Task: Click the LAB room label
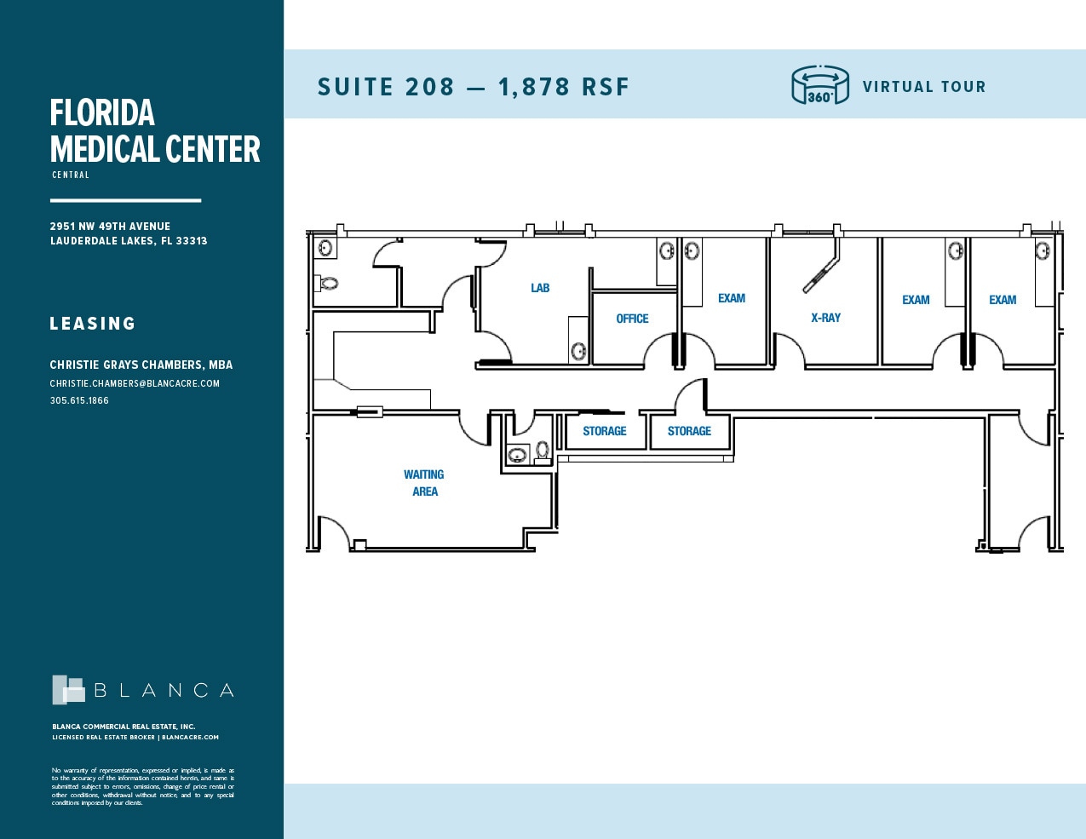[540, 288]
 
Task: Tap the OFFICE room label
[632, 319]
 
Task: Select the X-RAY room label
[825, 318]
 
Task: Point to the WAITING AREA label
[424, 483]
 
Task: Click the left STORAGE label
[604, 431]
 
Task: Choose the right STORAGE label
[689, 431]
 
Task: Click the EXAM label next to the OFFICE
[731, 298]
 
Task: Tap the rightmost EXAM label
[1003, 300]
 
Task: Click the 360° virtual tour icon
[819, 85]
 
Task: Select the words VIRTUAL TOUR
[923, 87]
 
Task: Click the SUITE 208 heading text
[386, 87]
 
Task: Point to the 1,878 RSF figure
[564, 87]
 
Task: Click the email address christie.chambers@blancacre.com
[135, 383]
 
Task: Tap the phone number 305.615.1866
[79, 400]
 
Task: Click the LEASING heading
[93, 324]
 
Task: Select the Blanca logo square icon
[68, 690]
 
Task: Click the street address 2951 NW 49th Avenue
[110, 227]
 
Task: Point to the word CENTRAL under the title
[71, 175]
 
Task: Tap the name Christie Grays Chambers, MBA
[141, 365]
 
